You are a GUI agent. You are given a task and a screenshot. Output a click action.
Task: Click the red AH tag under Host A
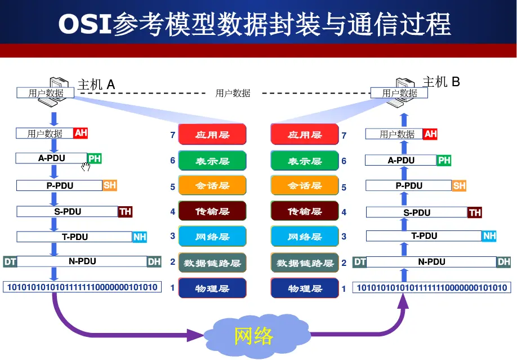click(81, 133)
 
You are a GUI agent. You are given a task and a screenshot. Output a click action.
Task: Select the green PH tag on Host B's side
click(444, 160)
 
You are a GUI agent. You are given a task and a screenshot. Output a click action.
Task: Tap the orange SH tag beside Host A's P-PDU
click(110, 185)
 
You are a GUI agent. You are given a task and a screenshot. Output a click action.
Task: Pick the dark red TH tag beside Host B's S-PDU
click(475, 212)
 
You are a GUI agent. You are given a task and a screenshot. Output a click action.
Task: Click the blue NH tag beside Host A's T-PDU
click(140, 237)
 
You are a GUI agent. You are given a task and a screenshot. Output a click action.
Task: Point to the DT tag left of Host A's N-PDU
click(10, 261)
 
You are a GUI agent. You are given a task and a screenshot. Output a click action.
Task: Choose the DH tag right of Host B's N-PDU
click(503, 261)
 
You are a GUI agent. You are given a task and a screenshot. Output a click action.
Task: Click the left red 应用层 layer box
click(212, 135)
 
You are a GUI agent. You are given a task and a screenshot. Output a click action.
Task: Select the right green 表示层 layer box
click(305, 161)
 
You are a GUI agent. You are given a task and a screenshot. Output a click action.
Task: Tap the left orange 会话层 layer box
click(212, 186)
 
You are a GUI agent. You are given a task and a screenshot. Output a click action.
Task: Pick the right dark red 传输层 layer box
click(305, 211)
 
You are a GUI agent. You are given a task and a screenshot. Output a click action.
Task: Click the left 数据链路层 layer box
click(212, 263)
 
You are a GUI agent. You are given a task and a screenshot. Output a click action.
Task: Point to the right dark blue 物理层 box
click(305, 288)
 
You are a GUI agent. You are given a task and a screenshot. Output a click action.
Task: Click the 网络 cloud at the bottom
click(253, 336)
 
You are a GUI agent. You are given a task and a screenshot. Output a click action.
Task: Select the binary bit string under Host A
click(82, 287)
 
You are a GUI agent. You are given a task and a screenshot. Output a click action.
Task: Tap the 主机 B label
click(441, 82)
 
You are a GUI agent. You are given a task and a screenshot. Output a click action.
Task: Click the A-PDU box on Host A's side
click(52, 158)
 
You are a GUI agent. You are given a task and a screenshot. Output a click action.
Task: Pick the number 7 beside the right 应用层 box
click(344, 135)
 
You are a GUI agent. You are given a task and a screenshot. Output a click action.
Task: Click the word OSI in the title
click(85, 24)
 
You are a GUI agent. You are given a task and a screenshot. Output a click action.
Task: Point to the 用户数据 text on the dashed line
click(233, 94)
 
